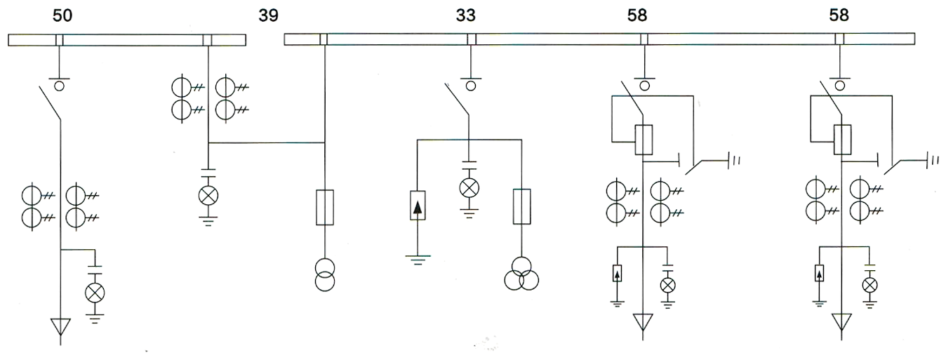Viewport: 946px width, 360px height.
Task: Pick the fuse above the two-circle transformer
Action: [324, 207]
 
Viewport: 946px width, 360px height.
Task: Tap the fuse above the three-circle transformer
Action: [521, 207]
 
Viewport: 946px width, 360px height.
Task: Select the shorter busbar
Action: [127, 40]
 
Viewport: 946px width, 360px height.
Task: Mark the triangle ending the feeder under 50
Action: [60, 328]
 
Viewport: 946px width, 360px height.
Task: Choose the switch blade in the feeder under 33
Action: [458, 102]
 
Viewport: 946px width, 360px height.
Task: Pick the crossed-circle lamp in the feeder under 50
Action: [95, 293]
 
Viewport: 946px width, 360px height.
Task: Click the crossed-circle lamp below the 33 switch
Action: [468, 187]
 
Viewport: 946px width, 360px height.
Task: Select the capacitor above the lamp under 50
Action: [95, 271]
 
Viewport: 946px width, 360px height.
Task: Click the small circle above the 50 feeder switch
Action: [60, 86]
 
